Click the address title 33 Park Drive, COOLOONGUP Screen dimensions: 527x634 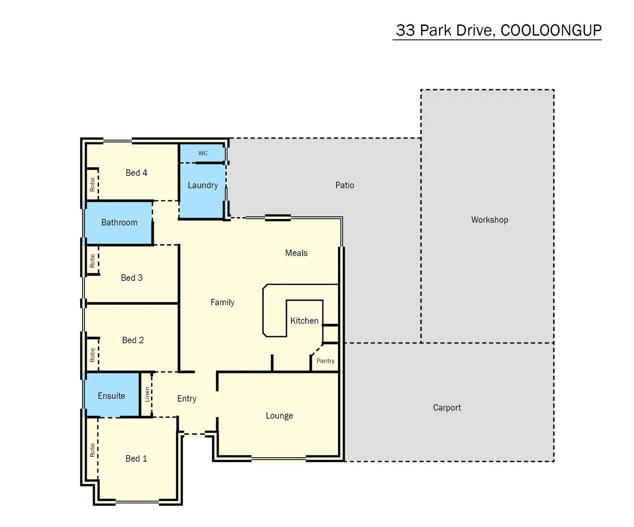(x=498, y=30)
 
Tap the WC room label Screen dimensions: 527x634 (x=203, y=153)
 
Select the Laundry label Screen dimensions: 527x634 (x=203, y=185)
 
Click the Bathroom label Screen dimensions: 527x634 (x=119, y=223)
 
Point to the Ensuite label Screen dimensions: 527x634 (x=111, y=396)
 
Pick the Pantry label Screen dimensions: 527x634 (x=326, y=361)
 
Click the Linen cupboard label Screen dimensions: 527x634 (x=147, y=394)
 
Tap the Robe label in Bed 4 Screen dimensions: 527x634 (x=92, y=184)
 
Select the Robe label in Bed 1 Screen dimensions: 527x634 (x=92, y=450)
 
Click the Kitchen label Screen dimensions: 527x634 (x=304, y=321)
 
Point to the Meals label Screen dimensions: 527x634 (x=296, y=253)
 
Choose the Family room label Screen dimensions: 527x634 (x=223, y=303)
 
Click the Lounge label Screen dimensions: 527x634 (x=279, y=416)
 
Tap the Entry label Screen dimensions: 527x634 (x=187, y=399)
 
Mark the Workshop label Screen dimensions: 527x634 (x=490, y=220)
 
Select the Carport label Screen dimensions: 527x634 (x=447, y=407)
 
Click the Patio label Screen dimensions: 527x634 (x=345, y=185)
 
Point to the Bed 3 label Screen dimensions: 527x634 (x=132, y=278)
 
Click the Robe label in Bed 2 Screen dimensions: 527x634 (x=92, y=354)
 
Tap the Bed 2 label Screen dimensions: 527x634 (x=133, y=340)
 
